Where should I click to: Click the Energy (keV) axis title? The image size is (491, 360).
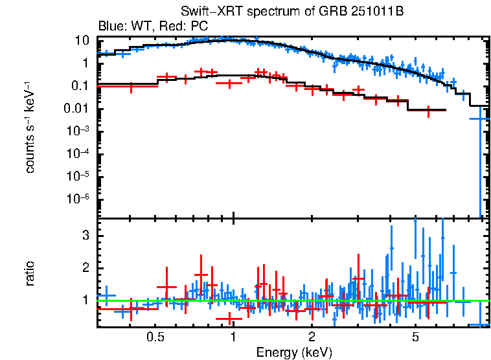point(294,352)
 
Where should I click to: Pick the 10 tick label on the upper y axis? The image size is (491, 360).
point(82,40)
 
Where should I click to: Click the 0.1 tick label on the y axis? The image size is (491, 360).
point(80,86)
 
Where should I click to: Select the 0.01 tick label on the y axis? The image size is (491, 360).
point(78,109)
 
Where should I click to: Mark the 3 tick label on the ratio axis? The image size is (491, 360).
point(84,236)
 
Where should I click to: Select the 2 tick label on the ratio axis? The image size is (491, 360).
point(84,268)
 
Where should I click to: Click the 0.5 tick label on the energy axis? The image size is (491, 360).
point(155,337)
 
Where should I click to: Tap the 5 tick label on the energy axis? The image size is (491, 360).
point(415,337)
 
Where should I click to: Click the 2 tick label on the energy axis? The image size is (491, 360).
point(312,337)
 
